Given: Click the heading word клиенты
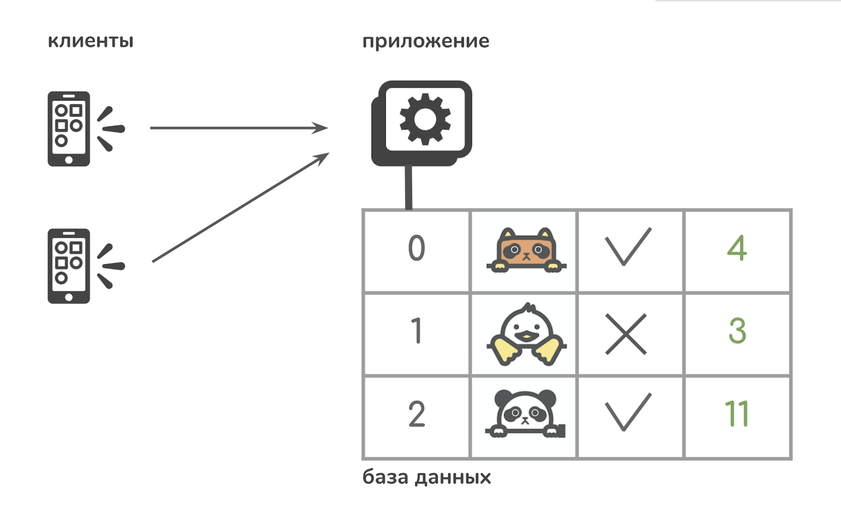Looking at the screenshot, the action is pyautogui.click(x=90, y=41).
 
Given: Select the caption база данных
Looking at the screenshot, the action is pyautogui.click(x=426, y=477).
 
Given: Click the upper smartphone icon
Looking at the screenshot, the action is pyautogui.click(x=69, y=128).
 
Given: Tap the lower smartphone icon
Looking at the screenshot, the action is pyautogui.click(x=69, y=266).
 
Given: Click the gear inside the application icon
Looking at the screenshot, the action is pyautogui.click(x=425, y=119).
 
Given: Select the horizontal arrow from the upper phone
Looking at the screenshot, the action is pyautogui.click(x=239, y=128).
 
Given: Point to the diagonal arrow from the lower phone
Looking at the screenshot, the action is pyautogui.click(x=240, y=207).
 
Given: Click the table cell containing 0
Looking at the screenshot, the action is pyautogui.click(x=416, y=251).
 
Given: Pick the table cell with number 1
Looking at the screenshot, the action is pyautogui.click(x=416, y=334).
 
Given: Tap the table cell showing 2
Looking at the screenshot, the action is pyautogui.click(x=416, y=417).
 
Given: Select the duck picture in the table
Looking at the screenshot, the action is pyautogui.click(x=526, y=334).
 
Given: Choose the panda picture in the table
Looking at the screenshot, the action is pyautogui.click(x=525, y=414).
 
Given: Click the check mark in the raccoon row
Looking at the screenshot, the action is pyautogui.click(x=628, y=246).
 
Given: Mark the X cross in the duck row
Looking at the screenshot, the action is pyautogui.click(x=626, y=334).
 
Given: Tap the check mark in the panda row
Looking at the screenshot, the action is pyautogui.click(x=628, y=412).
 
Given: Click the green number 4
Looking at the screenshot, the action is pyautogui.click(x=737, y=248).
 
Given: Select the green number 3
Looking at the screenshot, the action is pyautogui.click(x=737, y=330).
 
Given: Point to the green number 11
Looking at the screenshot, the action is pyautogui.click(x=736, y=413).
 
